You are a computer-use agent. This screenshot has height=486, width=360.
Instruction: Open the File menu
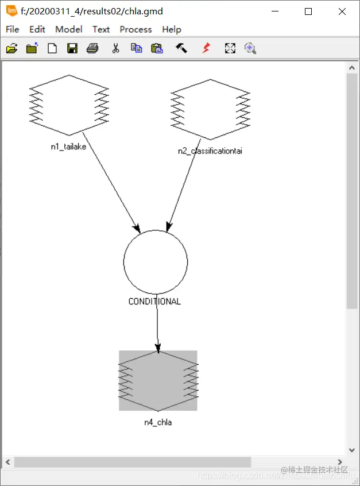point(12,29)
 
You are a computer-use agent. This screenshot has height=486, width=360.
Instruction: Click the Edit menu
point(37,29)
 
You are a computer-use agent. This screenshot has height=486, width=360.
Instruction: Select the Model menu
point(69,29)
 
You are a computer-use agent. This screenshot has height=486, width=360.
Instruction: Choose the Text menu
point(101,29)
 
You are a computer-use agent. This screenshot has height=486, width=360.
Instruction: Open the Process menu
point(136,29)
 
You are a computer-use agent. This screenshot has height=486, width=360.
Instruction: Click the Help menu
point(172,29)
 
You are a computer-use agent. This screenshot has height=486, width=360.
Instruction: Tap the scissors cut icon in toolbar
point(115,48)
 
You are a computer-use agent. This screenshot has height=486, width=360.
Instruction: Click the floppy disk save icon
point(72,48)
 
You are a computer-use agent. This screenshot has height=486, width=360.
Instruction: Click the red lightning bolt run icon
point(206,48)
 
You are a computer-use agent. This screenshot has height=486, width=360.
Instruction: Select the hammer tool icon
point(181,48)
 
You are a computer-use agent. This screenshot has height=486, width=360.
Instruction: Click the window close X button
point(342,11)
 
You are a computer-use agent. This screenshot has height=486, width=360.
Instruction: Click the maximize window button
point(308,11)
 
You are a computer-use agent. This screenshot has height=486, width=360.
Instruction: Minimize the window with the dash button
point(275,11)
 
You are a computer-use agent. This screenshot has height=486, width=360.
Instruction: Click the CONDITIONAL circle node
point(156,261)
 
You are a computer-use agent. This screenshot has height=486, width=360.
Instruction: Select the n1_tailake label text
point(68,146)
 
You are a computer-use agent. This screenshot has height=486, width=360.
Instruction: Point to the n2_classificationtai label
point(210,151)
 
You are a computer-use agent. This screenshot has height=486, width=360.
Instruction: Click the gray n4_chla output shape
point(158,380)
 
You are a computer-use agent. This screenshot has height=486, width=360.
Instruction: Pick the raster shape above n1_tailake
point(69,105)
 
